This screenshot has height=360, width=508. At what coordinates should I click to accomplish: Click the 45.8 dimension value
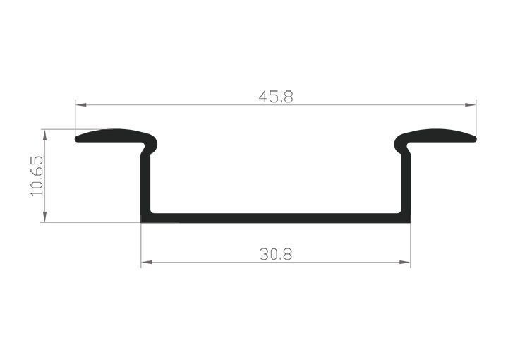[275, 97]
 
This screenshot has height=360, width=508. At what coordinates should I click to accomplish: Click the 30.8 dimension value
[275, 254]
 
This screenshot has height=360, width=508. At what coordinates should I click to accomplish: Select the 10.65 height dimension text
[37, 176]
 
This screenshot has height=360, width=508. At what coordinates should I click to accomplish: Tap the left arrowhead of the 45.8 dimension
[80, 105]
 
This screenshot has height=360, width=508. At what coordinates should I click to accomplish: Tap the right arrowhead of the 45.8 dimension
[471, 105]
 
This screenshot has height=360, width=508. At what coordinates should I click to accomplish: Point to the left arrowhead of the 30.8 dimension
[146, 263]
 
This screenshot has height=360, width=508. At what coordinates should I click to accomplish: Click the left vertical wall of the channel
[145, 184]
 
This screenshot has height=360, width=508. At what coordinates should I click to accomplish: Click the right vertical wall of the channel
[406, 184]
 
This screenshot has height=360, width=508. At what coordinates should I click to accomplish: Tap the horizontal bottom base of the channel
[275, 217]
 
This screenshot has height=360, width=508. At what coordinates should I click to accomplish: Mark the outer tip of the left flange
[77, 139]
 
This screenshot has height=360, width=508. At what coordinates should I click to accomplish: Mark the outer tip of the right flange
[474, 139]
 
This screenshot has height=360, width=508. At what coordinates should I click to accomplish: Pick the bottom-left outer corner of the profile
[142, 222]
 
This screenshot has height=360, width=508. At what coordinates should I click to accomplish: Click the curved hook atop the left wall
[150, 146]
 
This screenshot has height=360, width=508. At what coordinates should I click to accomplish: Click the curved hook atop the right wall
[401, 146]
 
